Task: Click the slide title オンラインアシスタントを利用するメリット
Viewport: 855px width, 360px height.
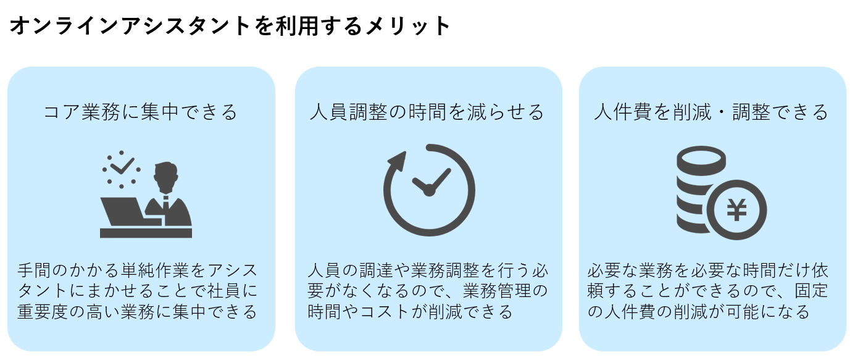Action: (229, 26)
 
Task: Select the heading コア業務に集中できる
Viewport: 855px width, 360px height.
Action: (141, 112)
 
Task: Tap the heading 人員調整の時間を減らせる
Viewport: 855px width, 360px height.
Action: (428, 112)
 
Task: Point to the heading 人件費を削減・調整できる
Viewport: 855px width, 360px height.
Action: (711, 112)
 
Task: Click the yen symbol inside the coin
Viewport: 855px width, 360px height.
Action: (736, 209)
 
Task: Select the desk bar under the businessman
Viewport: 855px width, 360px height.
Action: (146, 233)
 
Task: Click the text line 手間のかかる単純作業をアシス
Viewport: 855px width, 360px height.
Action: (137, 271)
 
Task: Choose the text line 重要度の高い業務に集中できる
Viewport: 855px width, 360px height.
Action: (137, 312)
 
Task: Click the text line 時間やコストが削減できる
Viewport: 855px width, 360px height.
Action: (410, 312)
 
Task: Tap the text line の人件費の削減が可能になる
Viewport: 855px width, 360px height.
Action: (698, 312)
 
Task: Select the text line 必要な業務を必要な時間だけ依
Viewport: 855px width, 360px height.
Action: (707, 271)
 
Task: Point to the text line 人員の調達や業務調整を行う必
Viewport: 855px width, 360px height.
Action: (428, 271)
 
